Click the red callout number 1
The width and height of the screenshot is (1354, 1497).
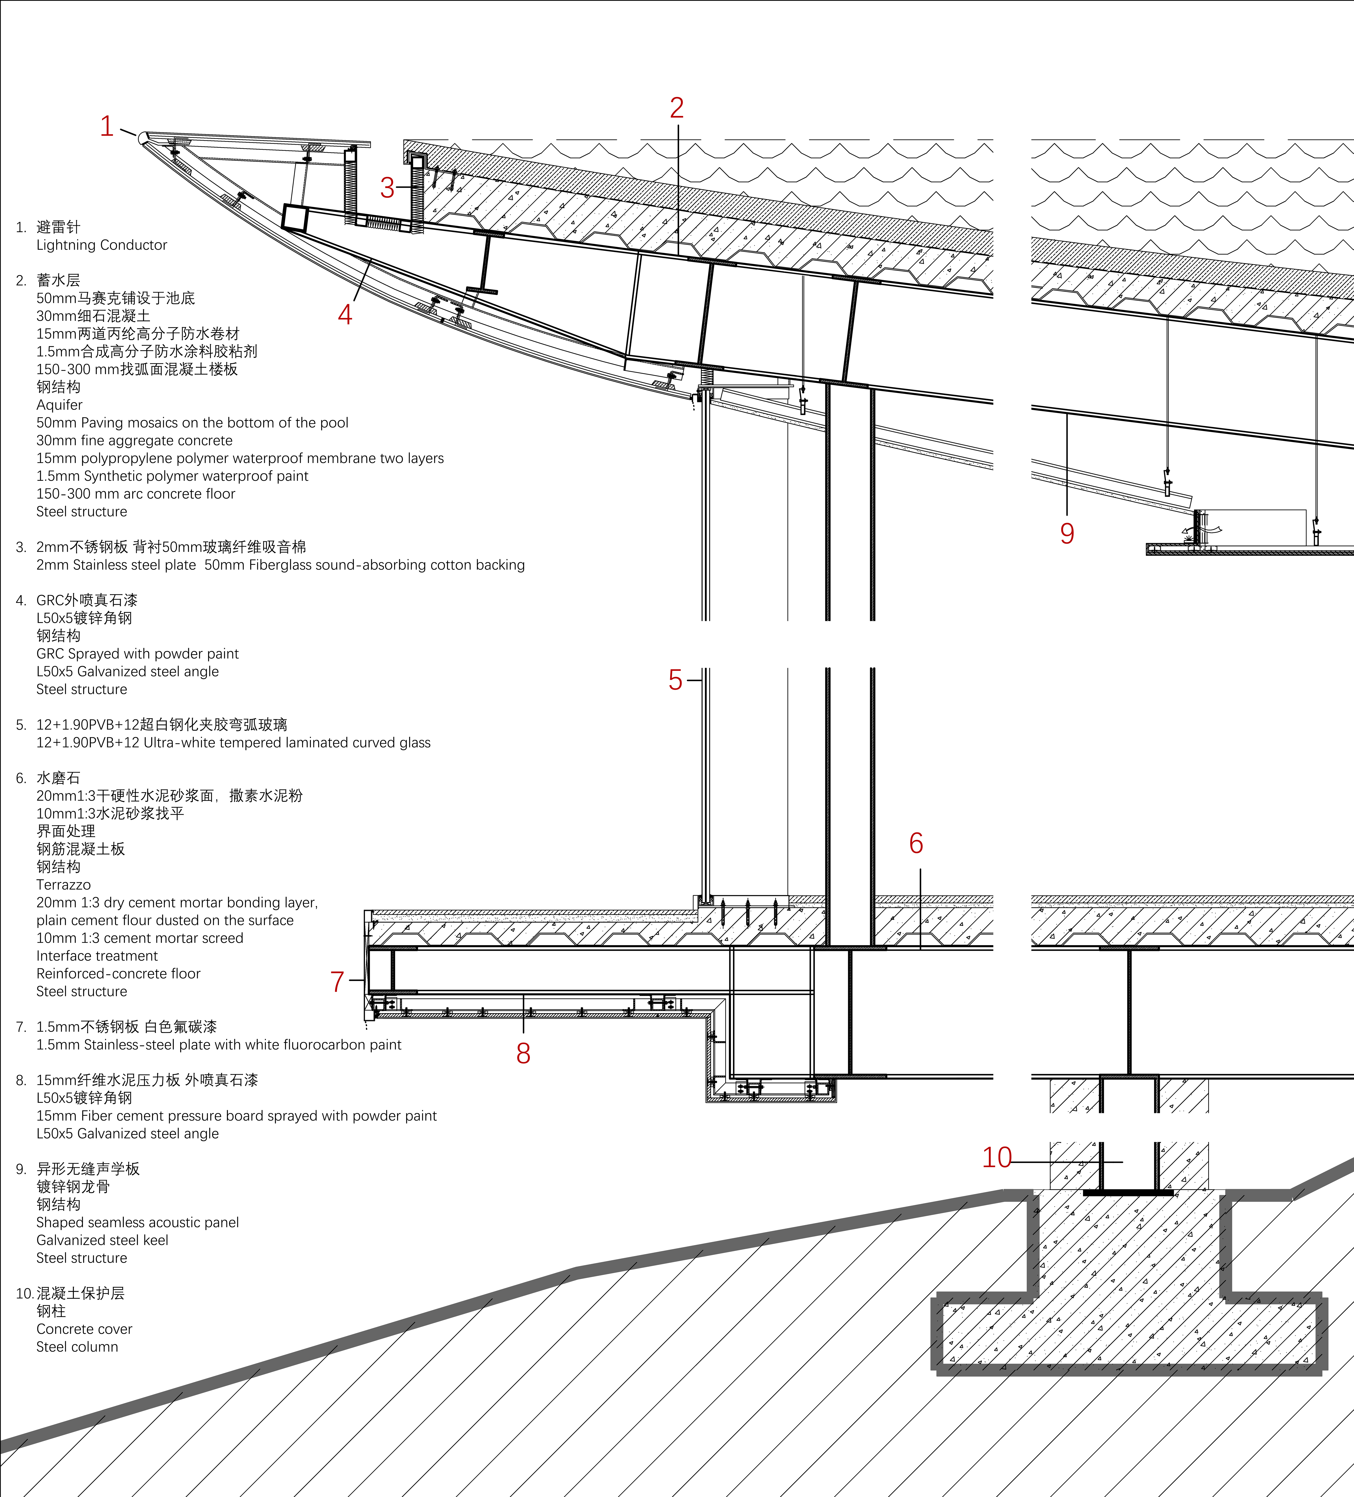107,126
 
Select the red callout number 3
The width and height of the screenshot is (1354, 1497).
387,188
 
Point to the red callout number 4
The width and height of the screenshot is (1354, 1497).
345,315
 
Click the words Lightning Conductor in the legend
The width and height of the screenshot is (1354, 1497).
102,245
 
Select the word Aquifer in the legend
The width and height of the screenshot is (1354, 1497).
59,405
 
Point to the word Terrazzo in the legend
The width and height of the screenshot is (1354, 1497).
63,884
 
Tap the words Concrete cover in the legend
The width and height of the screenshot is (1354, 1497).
84,1329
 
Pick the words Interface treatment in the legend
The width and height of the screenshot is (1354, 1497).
97,956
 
